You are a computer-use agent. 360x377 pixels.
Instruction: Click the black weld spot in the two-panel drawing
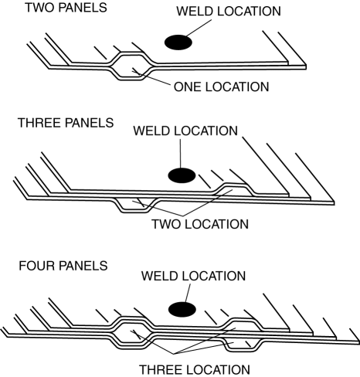click(178, 42)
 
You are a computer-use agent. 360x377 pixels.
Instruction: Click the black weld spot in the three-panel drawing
click(182, 175)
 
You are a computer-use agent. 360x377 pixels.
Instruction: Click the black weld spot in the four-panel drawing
click(182, 310)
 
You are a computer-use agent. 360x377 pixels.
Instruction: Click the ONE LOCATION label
click(222, 87)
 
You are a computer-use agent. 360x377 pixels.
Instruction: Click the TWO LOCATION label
click(200, 224)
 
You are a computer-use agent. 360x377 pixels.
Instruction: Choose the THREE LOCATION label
click(195, 370)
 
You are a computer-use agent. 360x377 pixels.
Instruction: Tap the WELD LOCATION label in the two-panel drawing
click(229, 11)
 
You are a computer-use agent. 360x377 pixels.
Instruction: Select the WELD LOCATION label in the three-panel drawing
click(185, 131)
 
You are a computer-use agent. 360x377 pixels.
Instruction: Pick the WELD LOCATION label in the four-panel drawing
click(193, 276)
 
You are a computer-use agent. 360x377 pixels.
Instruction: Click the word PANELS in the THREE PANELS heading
click(89, 123)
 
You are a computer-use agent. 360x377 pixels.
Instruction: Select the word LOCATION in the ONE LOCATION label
click(237, 87)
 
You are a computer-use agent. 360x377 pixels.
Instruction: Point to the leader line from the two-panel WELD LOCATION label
click(199, 28)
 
